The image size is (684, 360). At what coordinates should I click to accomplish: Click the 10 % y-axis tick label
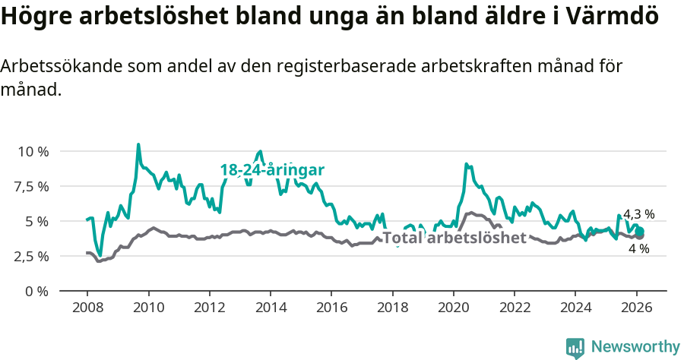pyautogui.click(x=33, y=152)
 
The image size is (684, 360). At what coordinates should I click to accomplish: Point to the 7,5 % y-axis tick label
pyautogui.click(x=33, y=187)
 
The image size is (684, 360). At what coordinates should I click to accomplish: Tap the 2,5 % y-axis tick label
pyautogui.click(x=33, y=257)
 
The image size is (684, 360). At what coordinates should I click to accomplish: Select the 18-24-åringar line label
pyautogui.click(x=272, y=170)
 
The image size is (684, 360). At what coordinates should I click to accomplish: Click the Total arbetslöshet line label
pyautogui.click(x=454, y=238)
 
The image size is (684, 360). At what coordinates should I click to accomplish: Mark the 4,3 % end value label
pyautogui.click(x=638, y=215)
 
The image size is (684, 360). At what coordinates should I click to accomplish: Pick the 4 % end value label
pyautogui.click(x=639, y=249)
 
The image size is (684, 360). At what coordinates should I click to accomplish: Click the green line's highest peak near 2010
pyautogui.click(x=138, y=144)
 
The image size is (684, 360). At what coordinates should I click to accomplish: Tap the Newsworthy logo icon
pyautogui.click(x=575, y=348)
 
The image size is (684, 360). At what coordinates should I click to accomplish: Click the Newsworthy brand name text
pyautogui.click(x=635, y=347)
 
